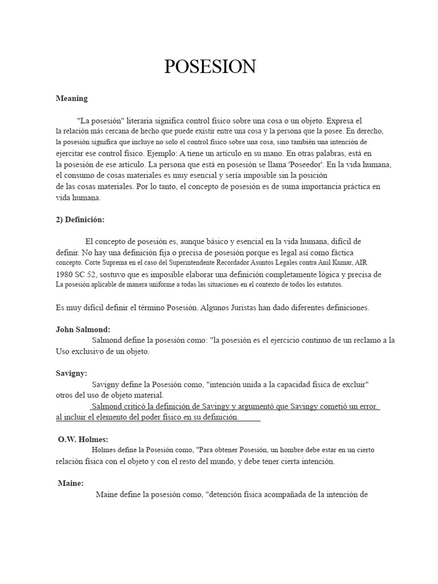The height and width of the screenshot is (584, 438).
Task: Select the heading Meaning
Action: (72, 98)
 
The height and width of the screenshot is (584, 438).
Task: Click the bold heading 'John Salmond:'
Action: (83, 330)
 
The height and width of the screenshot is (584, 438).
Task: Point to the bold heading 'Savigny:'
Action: (72, 374)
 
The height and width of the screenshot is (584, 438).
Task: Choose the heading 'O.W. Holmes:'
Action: (83, 439)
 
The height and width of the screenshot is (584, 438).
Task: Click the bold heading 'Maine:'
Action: (71, 483)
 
